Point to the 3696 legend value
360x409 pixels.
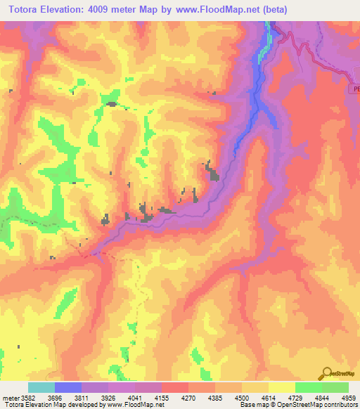coord(65,397)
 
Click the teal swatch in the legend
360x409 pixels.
coord(41,387)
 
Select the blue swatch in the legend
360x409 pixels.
coord(68,387)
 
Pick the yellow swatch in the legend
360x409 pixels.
coord(282,387)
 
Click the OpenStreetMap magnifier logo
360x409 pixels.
coord(326,373)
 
